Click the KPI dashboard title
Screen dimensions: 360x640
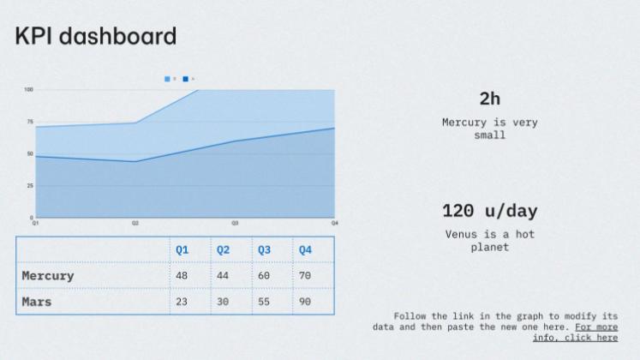(96, 36)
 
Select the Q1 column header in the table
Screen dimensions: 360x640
(182, 250)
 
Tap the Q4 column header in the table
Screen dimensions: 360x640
(305, 250)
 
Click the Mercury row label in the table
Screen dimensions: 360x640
(48, 276)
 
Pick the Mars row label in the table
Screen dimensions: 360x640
(37, 302)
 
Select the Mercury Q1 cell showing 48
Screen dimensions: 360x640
(182, 276)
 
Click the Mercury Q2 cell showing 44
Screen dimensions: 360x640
(223, 276)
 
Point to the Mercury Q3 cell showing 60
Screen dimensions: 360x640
(264, 276)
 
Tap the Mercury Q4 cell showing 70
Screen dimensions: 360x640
(305, 276)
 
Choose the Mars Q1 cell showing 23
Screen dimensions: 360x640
(182, 302)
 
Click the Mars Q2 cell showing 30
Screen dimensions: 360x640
(223, 302)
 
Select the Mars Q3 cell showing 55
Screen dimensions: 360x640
(264, 302)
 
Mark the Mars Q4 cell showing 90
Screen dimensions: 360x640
(305, 302)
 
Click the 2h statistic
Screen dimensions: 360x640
(490, 99)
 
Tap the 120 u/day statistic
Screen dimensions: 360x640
(490, 211)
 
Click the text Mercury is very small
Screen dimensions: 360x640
(490, 129)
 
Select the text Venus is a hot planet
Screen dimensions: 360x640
(490, 241)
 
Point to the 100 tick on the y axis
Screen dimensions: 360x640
(28, 89)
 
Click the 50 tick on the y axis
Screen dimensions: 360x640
(30, 153)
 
